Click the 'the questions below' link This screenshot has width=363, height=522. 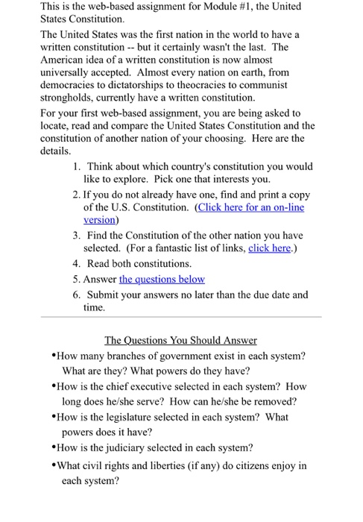pyautogui.click(x=162, y=279)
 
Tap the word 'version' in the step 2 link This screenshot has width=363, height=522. pyautogui.click(x=99, y=220)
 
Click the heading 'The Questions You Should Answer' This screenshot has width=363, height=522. pyautogui.click(x=180, y=340)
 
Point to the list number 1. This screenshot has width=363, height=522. pyautogui.click(x=78, y=166)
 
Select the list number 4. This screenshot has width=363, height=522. pyautogui.click(x=78, y=263)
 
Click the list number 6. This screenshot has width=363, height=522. pyautogui.click(x=78, y=294)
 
